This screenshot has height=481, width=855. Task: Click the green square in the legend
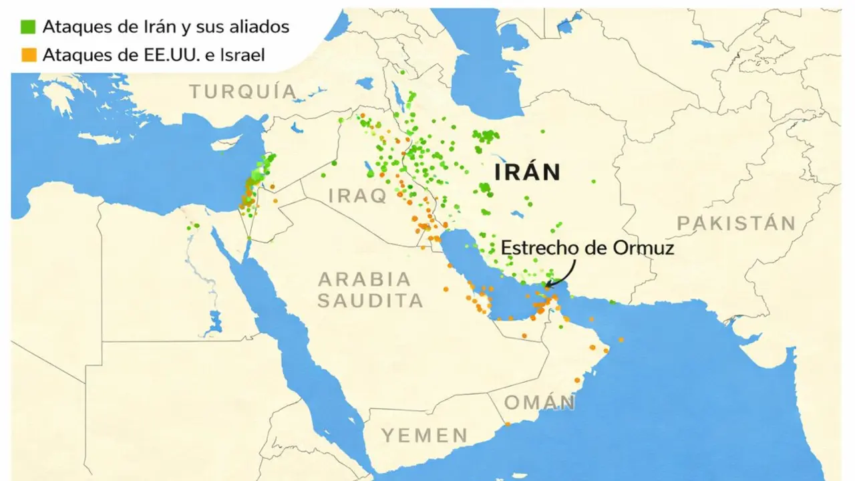coord(28,27)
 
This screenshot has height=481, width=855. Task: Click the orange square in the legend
coord(28,55)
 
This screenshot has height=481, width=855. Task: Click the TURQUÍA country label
coord(242,92)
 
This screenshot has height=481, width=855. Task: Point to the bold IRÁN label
coord(527,172)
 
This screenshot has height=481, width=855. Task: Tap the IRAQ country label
coord(358,196)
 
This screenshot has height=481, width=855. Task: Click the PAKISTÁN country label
coord(736,223)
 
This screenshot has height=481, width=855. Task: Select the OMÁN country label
coord(539,403)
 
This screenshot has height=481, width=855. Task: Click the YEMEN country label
coord(425,436)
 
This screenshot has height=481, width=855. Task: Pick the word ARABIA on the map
coord(364,279)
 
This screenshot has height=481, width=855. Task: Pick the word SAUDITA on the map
coord(370,301)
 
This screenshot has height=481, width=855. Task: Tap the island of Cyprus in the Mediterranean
coord(98,139)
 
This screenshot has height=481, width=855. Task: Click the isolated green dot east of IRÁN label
coord(592,180)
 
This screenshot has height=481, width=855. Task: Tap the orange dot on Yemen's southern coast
coord(507,424)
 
